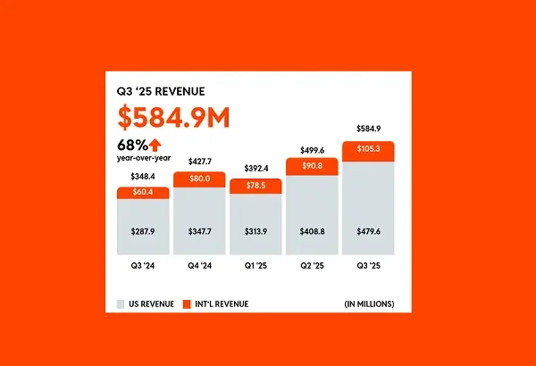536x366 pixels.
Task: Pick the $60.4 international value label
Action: coord(143,192)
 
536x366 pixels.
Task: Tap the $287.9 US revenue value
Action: coord(143,232)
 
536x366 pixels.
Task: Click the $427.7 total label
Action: coord(199,162)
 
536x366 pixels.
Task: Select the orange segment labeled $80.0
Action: coord(199,179)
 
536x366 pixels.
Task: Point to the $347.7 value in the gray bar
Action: coord(199,232)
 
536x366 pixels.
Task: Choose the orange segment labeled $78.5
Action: coord(255,185)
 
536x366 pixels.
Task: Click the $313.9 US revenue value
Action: coord(255,232)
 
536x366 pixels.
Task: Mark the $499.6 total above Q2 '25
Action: coord(312,150)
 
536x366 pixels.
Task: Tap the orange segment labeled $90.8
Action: coord(312,165)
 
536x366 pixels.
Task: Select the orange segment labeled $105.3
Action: coord(368,148)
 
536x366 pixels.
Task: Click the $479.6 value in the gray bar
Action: coord(368,232)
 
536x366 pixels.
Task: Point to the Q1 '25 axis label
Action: coord(255,265)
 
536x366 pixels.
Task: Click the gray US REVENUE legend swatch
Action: coord(121,304)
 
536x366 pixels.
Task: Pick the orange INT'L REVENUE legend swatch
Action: coord(187,304)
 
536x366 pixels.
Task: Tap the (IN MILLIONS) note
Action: coord(369,304)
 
